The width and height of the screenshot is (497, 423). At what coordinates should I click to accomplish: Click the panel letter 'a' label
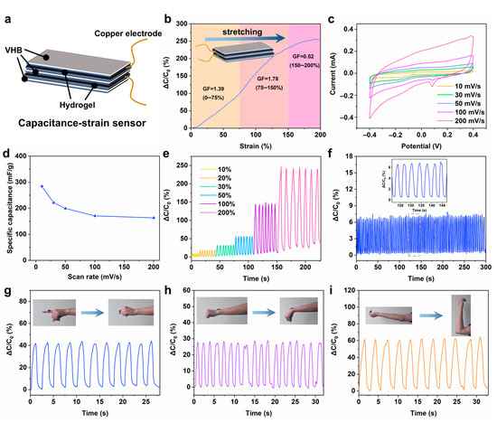click(7, 8)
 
